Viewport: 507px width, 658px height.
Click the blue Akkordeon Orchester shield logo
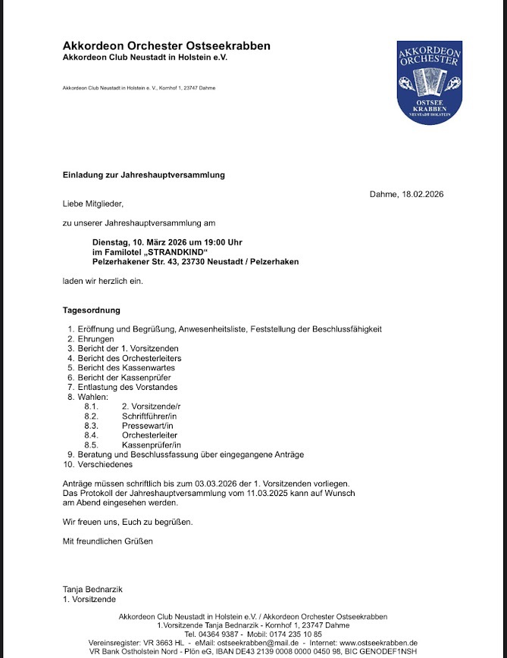point(429,82)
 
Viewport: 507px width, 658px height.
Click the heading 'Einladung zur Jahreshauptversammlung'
point(143,175)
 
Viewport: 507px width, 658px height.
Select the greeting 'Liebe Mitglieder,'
point(92,204)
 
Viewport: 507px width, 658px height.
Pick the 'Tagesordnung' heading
point(91,310)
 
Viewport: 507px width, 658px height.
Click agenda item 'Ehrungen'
point(96,339)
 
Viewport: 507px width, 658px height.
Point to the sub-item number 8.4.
point(92,435)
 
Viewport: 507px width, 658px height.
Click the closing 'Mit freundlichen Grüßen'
point(108,541)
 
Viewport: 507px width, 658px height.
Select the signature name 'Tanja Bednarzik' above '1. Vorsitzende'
point(92,589)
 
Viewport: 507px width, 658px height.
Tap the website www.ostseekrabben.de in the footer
point(384,642)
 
